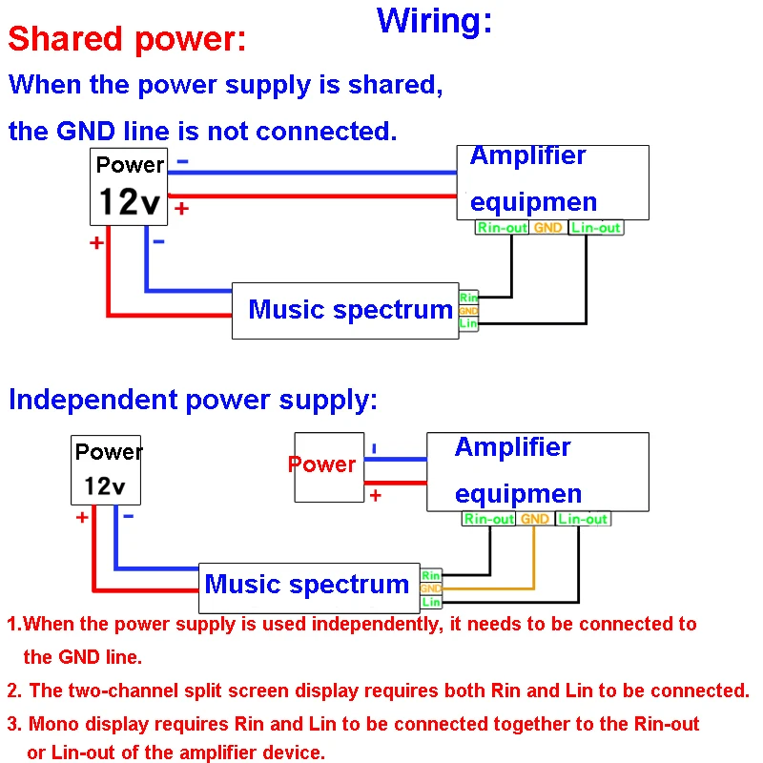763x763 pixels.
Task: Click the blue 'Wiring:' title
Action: click(435, 20)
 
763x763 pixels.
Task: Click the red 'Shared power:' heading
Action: click(127, 40)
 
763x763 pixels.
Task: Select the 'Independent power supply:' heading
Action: click(193, 400)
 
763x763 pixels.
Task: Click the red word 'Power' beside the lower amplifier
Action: click(321, 464)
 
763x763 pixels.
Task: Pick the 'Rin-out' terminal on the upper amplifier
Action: click(503, 228)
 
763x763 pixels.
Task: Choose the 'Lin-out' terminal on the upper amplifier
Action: click(596, 228)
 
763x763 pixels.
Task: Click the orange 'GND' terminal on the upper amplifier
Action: click(547, 228)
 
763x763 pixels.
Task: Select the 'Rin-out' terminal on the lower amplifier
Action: click(489, 519)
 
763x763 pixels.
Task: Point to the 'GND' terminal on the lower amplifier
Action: click(535, 519)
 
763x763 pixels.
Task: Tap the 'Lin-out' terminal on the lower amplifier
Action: click(583, 519)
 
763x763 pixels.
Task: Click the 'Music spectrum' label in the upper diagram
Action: click(350, 310)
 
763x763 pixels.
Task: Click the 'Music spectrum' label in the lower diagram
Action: click(307, 585)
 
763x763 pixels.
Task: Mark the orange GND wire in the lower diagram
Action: click(535, 563)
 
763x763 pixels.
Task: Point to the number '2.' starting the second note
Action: click(14, 691)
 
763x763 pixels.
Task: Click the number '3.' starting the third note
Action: click(14, 724)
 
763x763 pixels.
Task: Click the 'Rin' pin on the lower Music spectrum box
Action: click(431, 576)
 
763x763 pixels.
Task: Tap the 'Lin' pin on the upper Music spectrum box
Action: click(468, 324)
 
